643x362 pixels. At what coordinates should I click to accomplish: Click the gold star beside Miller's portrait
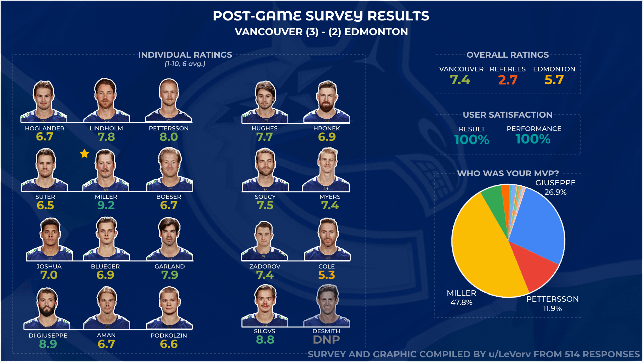pyautogui.click(x=84, y=154)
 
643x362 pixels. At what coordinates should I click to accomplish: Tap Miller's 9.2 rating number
pyautogui.click(x=106, y=205)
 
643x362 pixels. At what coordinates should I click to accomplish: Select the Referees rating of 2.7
pyautogui.click(x=508, y=80)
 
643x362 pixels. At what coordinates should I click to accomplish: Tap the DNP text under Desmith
pyautogui.click(x=326, y=340)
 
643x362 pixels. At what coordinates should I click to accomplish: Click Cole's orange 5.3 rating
pyautogui.click(x=327, y=275)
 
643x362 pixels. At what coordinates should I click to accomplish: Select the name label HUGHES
pyautogui.click(x=265, y=128)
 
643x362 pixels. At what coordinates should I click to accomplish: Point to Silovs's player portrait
pyautogui.click(x=265, y=305)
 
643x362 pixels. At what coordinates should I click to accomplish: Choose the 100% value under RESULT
pyautogui.click(x=472, y=139)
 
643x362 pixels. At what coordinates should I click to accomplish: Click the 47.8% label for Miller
pyautogui.click(x=461, y=302)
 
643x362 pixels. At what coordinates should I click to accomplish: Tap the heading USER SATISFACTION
pyautogui.click(x=507, y=115)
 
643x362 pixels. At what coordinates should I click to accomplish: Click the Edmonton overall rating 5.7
pyautogui.click(x=554, y=80)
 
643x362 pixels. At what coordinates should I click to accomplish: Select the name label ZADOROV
pyautogui.click(x=265, y=266)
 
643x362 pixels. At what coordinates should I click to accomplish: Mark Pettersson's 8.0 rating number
pyautogui.click(x=168, y=137)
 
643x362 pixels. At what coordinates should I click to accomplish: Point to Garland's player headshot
pyautogui.click(x=170, y=238)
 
